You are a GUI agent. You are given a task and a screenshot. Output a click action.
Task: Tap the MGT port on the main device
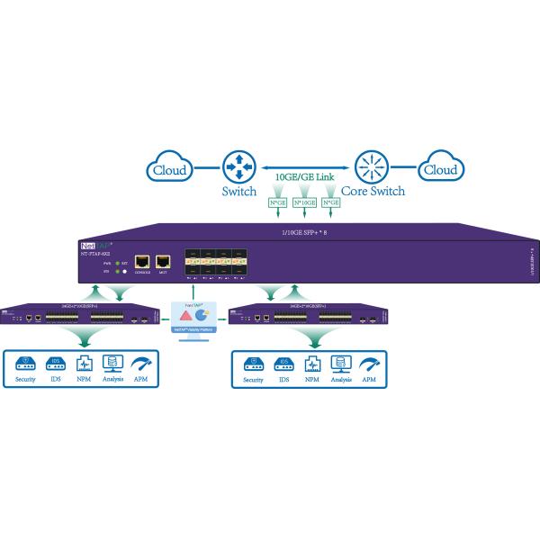pyautogui.click(x=163, y=263)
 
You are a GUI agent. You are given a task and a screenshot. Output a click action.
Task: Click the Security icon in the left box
pyautogui.click(x=25, y=366)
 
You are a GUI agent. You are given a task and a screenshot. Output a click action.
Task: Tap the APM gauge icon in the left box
pyautogui.click(x=140, y=366)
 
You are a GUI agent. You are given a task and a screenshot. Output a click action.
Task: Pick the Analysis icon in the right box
pyautogui.click(x=340, y=366)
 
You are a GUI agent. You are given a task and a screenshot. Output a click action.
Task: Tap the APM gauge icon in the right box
pyautogui.click(x=368, y=366)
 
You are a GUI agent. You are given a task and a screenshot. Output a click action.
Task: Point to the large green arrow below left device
pyautogui.click(x=82, y=337)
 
